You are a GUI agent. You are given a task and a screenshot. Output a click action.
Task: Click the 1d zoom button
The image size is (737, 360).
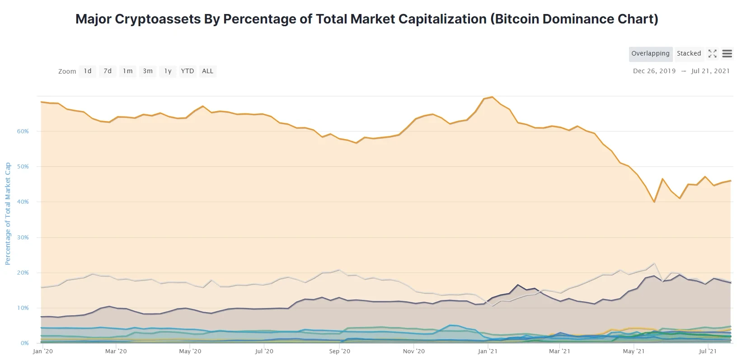click(88, 71)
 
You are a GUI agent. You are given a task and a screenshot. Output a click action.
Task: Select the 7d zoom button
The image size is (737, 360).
click(108, 71)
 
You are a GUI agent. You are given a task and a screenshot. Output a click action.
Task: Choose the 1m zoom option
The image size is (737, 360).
click(128, 71)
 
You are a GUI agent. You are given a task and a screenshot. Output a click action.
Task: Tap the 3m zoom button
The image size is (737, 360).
click(148, 71)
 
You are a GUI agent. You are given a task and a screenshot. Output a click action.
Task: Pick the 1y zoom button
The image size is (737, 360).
click(168, 71)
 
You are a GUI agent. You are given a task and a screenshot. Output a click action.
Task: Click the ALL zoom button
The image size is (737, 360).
click(207, 71)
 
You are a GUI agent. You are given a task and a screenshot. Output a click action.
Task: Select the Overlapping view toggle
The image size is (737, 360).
click(650, 53)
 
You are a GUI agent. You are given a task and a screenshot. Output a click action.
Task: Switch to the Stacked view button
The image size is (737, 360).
click(689, 53)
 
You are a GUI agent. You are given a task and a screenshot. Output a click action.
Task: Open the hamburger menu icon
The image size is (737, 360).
click(727, 54)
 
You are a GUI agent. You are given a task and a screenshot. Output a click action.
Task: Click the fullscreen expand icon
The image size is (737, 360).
click(713, 54)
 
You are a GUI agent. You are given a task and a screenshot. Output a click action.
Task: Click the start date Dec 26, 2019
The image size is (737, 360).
click(654, 71)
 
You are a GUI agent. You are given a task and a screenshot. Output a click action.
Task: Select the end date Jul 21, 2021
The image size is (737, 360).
click(710, 71)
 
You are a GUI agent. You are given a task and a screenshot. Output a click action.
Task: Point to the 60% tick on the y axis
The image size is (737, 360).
click(23, 131)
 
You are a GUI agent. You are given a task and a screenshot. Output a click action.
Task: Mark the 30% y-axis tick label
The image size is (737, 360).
click(23, 238)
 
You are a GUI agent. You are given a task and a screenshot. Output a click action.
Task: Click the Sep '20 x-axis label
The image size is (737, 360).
click(339, 351)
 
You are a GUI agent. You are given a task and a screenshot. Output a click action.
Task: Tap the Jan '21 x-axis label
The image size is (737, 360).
click(488, 351)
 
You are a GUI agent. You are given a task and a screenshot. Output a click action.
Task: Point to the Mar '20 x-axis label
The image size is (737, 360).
click(116, 351)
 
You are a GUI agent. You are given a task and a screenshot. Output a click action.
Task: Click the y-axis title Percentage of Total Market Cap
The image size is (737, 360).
click(8, 214)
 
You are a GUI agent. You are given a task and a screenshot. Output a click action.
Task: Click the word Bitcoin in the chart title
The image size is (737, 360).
click(514, 19)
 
